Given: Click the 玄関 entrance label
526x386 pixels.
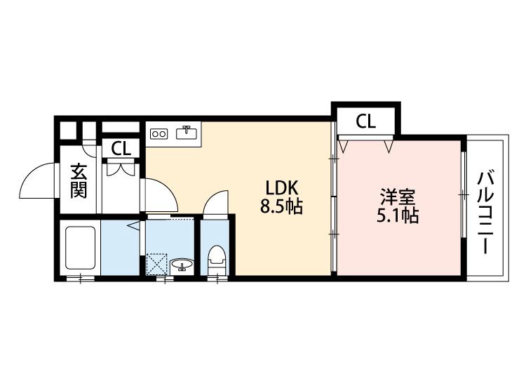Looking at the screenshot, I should point(79,181).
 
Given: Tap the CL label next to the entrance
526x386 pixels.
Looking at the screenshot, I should point(121,149).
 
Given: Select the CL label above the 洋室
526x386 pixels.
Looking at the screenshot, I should point(365,121).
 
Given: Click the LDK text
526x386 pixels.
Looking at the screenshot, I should point(282,188).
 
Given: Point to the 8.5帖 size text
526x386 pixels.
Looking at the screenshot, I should point(283,208).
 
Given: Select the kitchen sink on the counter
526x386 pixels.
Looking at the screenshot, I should point(187,132).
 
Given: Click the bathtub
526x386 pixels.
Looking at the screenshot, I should point(79,248).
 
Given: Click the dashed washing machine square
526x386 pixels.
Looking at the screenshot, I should point(158,265).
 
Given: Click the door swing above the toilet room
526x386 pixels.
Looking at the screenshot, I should point(215,201).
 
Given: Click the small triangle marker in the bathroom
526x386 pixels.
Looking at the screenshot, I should point(133,226).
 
